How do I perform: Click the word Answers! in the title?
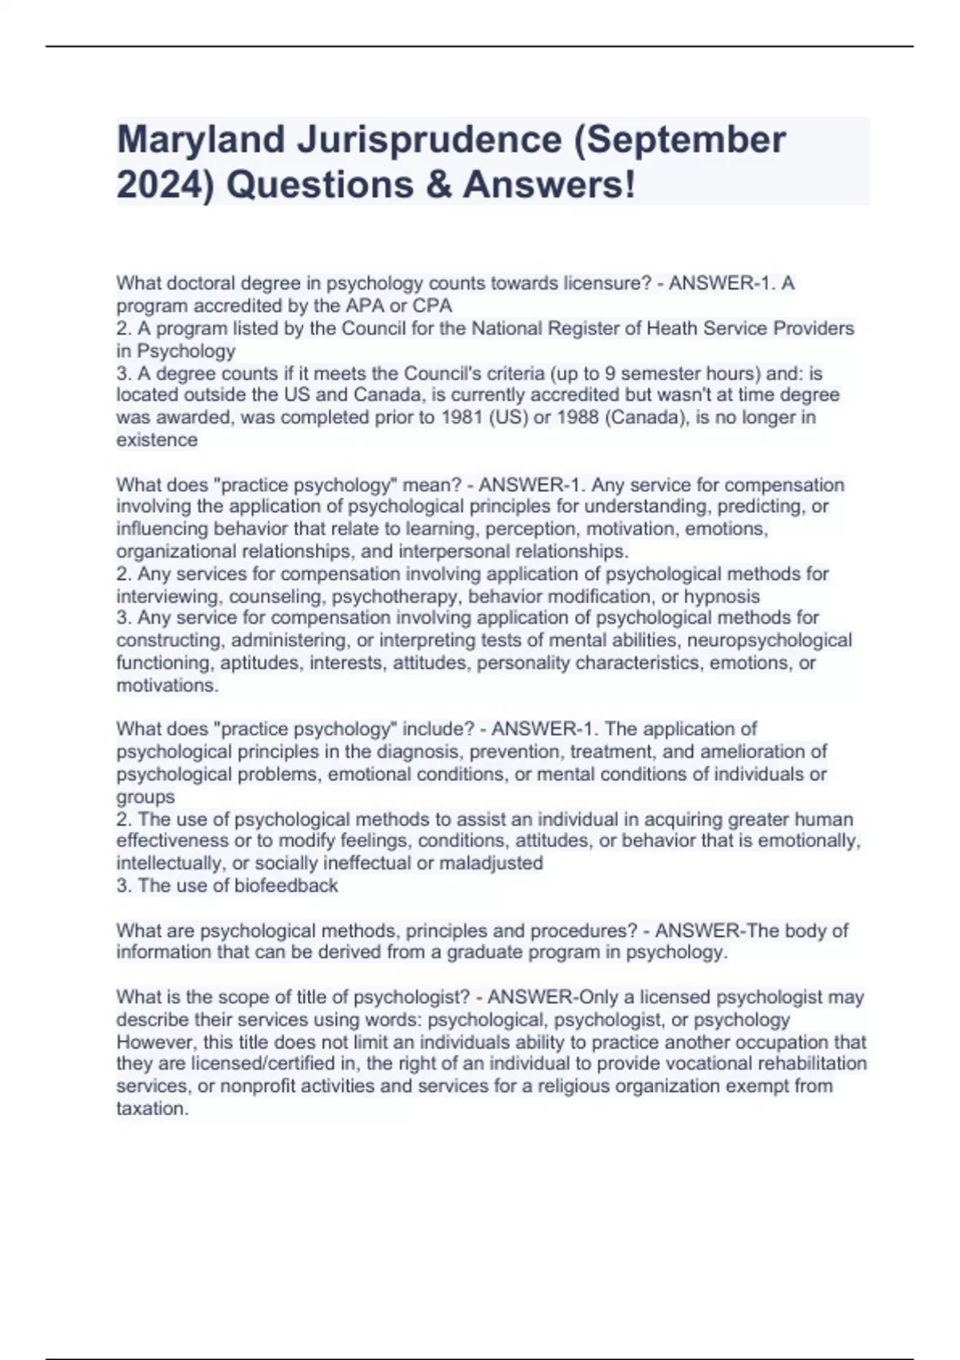[550, 186]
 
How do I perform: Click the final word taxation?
[152, 1109]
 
